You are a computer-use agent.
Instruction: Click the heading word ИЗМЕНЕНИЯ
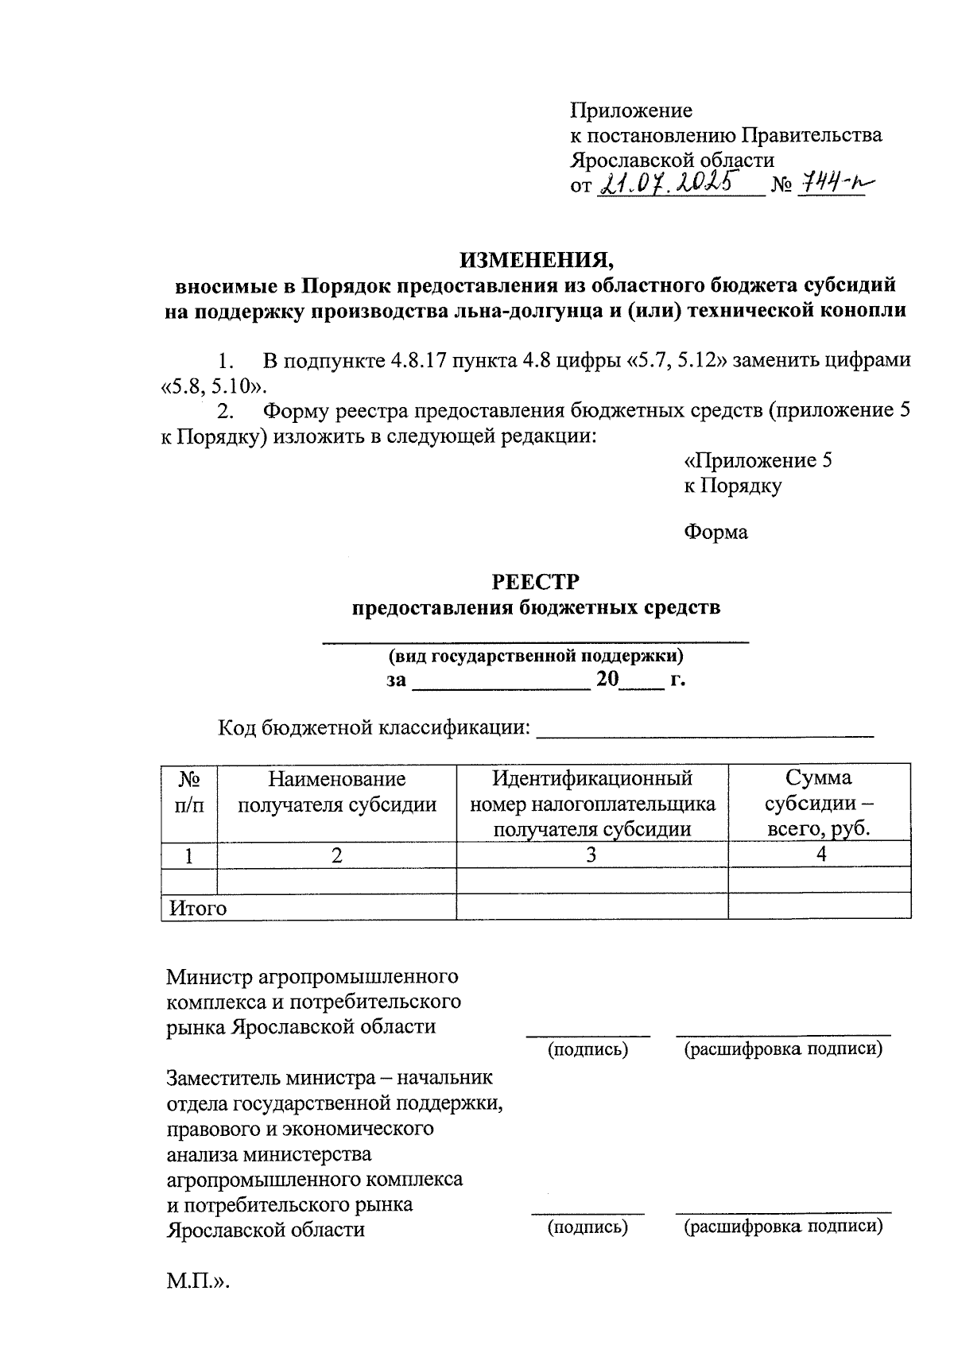[x=537, y=260]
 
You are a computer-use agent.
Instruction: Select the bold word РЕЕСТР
[x=536, y=582]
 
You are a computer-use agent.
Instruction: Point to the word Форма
[x=715, y=532]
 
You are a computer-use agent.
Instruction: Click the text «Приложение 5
[x=758, y=460]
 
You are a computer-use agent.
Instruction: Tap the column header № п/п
[x=189, y=792]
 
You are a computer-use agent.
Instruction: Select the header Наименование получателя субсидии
[x=337, y=792]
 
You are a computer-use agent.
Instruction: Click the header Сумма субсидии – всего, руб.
[x=819, y=803]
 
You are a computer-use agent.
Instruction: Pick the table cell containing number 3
[x=591, y=855]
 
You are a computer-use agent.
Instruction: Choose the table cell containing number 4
[x=820, y=855]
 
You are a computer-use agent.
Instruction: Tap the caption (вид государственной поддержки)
[x=536, y=656]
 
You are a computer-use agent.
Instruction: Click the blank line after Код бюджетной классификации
[x=705, y=734]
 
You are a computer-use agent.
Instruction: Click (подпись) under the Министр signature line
[x=588, y=1050]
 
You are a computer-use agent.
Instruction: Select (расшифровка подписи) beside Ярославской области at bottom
[x=783, y=1227]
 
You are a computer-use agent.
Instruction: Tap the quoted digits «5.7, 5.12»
[x=677, y=360]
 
